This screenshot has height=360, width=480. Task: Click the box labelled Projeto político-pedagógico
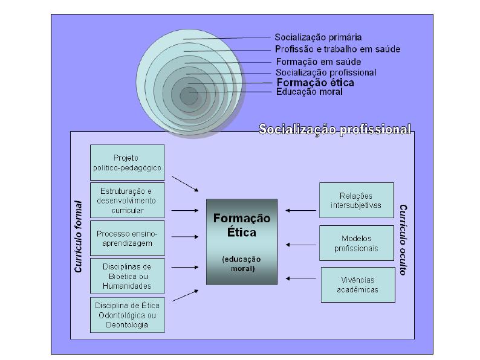(x=127, y=162)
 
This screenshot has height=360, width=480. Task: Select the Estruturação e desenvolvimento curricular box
(x=127, y=200)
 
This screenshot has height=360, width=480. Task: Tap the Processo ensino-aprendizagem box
(x=127, y=238)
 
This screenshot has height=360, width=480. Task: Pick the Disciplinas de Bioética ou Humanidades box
(x=127, y=275)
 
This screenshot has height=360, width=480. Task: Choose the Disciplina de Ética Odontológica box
(x=127, y=314)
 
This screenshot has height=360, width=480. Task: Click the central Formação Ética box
(x=242, y=241)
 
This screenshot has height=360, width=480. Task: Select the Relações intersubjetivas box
(x=356, y=200)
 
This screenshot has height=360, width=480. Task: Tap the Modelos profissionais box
(x=356, y=243)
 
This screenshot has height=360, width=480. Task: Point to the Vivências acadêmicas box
(x=357, y=284)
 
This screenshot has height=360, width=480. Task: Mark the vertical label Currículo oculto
(x=403, y=239)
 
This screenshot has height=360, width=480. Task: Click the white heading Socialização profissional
(x=335, y=129)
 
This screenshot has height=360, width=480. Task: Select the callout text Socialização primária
(x=318, y=37)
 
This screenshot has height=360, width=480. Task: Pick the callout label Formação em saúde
(x=318, y=62)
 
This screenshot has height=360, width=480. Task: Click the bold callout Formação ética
(x=315, y=83)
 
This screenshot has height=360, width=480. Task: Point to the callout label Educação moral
(x=309, y=92)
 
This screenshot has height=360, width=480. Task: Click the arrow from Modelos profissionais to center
(x=300, y=245)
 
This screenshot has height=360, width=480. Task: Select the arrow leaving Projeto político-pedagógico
(x=185, y=184)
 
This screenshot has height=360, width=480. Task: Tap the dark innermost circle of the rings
(x=188, y=95)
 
